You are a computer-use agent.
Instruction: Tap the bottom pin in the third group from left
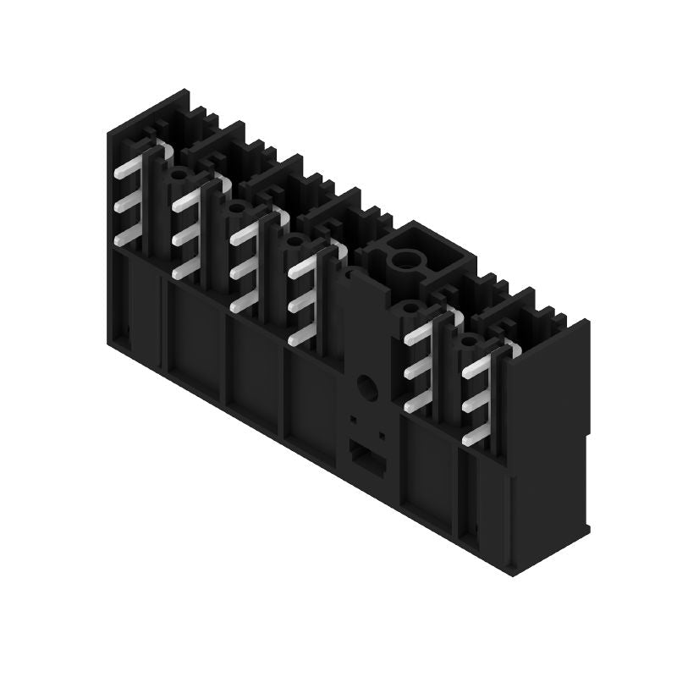pyautogui.click(x=242, y=303)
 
